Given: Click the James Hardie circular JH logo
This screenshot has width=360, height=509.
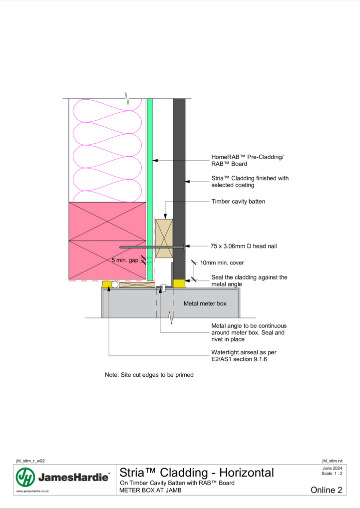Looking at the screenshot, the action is [x=25, y=477].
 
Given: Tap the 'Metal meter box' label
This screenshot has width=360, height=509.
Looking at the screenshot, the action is [x=205, y=303].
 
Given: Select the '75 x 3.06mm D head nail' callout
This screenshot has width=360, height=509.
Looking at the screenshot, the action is [x=244, y=246].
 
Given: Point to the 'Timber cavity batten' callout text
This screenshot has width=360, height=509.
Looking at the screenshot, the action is [x=238, y=201].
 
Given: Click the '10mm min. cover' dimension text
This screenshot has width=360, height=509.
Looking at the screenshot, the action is [x=222, y=262].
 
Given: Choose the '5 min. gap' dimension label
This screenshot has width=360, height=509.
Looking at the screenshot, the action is [x=125, y=260].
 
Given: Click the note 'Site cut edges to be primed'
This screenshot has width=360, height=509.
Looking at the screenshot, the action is [x=149, y=375].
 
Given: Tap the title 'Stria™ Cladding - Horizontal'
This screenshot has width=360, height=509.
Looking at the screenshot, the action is [x=197, y=473].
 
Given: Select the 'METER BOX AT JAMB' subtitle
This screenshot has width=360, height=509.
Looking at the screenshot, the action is [x=150, y=490].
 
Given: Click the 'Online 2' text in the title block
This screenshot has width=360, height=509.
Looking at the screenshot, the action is [x=327, y=490].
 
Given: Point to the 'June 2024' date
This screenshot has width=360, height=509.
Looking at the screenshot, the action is [x=332, y=468].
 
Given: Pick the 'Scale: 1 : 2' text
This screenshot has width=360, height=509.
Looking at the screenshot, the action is [x=332, y=473].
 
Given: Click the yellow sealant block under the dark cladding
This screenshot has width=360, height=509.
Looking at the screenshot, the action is [x=179, y=283].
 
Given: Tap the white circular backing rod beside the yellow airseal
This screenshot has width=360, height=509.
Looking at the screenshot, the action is [x=115, y=284].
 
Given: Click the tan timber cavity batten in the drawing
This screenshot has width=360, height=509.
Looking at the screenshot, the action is [x=164, y=239].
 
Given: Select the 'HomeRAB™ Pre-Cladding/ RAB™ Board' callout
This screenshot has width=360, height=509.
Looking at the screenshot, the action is [x=247, y=160].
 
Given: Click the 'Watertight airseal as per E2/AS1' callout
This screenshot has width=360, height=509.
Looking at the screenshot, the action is [x=244, y=355].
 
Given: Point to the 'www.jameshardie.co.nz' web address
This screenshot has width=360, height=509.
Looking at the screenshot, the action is [x=32, y=491].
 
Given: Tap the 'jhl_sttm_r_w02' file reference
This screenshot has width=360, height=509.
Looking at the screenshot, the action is [x=30, y=461].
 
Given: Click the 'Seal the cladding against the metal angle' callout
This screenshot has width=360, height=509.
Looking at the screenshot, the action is [x=249, y=280].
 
